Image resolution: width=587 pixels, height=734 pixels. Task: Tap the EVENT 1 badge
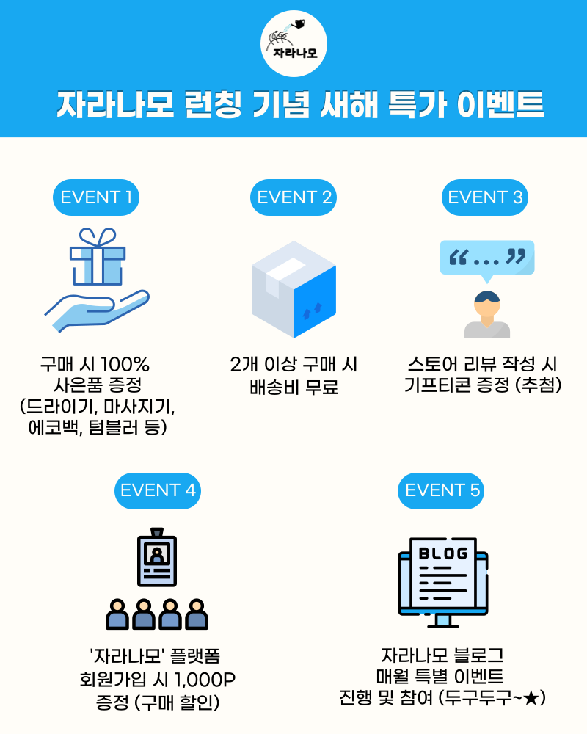pos(96,197)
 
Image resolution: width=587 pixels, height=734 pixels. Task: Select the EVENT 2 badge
pos(293,197)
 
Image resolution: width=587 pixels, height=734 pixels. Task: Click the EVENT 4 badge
pos(158,490)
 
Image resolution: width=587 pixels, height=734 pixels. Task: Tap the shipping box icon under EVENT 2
pos(293,289)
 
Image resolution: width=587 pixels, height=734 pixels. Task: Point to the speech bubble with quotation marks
pos(486,258)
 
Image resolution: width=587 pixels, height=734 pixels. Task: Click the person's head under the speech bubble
pos(486,302)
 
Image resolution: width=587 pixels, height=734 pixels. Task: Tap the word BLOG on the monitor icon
pos(442,553)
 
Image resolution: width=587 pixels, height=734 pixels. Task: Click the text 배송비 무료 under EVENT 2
pos(293,387)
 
